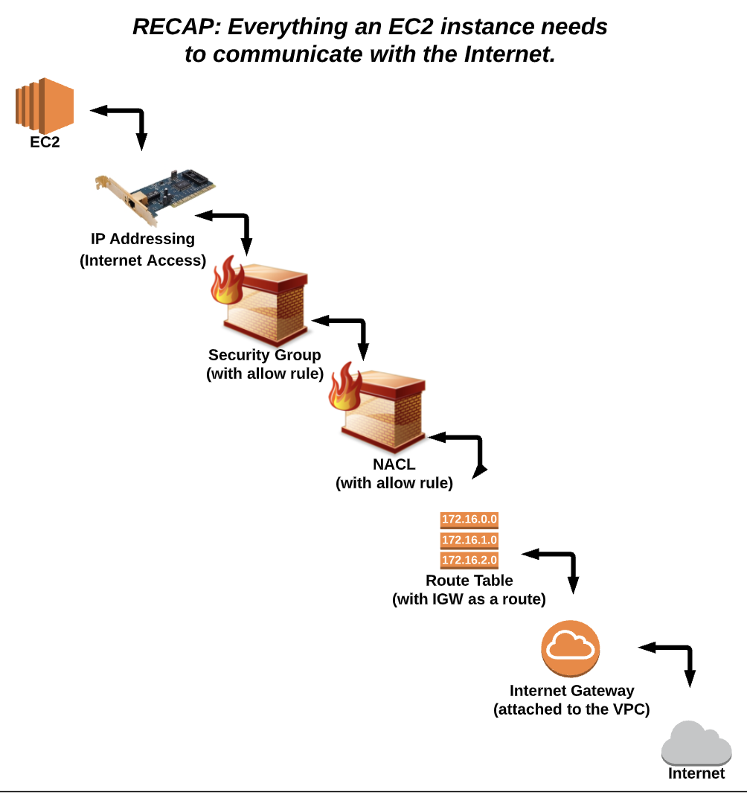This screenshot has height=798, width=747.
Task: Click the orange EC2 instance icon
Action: (x=45, y=104)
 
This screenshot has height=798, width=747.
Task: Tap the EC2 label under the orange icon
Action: (x=45, y=142)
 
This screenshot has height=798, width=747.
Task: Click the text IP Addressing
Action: (x=143, y=239)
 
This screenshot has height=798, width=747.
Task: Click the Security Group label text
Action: (x=264, y=355)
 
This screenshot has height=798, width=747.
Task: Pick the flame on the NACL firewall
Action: (x=344, y=387)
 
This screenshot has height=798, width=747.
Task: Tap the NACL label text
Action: (x=394, y=465)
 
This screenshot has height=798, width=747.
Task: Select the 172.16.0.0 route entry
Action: (x=469, y=520)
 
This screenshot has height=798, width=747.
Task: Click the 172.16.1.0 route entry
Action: (x=469, y=540)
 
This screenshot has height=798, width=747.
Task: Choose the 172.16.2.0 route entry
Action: (x=469, y=560)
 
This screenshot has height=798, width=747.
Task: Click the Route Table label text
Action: (x=469, y=581)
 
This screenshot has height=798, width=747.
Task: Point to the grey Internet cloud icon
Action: (x=696, y=743)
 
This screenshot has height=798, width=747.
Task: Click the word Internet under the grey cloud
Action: (x=696, y=773)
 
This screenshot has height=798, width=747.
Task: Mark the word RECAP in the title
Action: (x=176, y=28)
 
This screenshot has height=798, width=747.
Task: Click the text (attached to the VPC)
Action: (x=571, y=709)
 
